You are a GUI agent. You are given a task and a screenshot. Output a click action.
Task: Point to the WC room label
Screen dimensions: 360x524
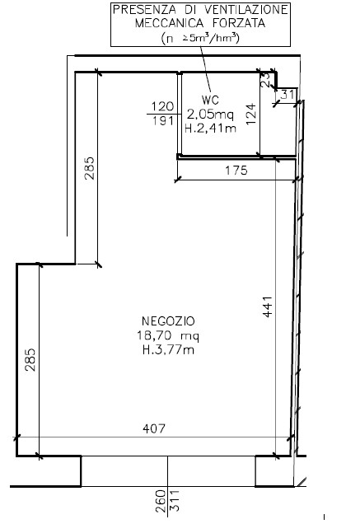[x=210, y=100]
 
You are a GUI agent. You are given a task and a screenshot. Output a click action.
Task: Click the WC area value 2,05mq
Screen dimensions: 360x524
[x=210, y=115]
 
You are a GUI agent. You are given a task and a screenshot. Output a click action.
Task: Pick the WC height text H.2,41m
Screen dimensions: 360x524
[x=210, y=129]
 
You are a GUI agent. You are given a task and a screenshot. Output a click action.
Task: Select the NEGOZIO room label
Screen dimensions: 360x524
[x=168, y=321]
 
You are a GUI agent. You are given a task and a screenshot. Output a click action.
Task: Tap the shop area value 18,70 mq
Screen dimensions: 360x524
[x=168, y=335]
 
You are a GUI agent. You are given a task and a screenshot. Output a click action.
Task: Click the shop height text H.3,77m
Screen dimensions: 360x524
[x=168, y=350]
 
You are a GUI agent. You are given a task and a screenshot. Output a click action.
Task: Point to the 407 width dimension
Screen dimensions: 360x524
[x=154, y=428]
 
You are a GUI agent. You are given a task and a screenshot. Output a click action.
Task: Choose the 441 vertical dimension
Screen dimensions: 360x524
[x=268, y=306]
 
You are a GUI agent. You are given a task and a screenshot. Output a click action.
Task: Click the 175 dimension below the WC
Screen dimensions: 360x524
[x=236, y=171]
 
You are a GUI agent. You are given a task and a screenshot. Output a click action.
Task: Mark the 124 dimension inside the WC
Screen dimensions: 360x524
[x=252, y=115]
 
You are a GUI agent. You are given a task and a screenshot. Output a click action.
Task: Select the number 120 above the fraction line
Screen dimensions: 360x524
[x=163, y=106]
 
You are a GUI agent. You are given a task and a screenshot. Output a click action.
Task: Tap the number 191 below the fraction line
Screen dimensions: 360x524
[x=163, y=120]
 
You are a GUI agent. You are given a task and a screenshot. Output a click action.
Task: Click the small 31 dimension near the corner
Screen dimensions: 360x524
[x=288, y=95]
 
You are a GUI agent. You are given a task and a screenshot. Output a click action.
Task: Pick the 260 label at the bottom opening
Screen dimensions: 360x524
[x=161, y=501]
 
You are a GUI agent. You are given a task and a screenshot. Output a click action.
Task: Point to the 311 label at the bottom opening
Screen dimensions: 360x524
[x=175, y=501]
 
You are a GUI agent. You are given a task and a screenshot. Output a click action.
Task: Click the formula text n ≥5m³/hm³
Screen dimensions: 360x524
[x=200, y=38]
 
